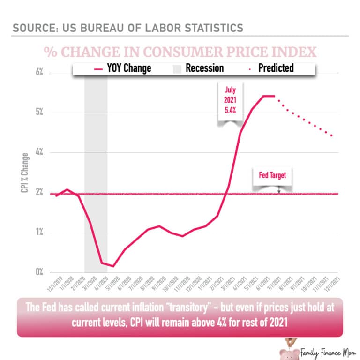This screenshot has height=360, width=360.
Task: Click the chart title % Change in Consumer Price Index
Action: tap(180, 52)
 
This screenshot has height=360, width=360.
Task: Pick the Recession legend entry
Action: tap(197, 68)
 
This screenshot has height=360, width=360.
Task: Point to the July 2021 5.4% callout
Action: tap(230, 104)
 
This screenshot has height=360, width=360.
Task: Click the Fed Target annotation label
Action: tap(272, 176)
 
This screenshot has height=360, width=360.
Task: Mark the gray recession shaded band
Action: tap(96, 173)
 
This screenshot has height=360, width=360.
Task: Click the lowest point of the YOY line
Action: tap(113, 266)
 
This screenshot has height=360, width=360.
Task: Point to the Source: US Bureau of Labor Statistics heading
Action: tap(127, 27)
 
